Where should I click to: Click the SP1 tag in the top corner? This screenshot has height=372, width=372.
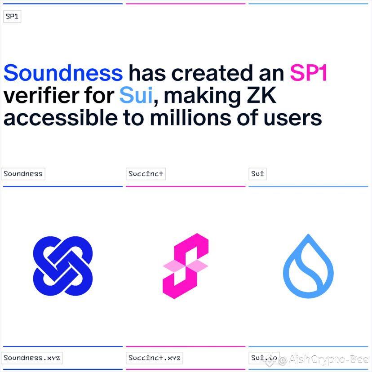click(12, 16)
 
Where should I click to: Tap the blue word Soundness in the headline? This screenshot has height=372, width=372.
click(63, 73)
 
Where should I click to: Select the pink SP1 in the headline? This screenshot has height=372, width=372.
click(309, 73)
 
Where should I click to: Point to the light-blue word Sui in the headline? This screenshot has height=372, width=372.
click(136, 95)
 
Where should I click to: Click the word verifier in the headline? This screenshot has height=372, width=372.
click(41, 95)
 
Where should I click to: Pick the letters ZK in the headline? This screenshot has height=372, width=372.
click(261, 95)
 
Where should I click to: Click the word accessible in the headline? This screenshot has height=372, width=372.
click(61, 118)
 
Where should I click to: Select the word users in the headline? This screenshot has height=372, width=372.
click(293, 119)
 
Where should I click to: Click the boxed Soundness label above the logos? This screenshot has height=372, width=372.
click(23, 174)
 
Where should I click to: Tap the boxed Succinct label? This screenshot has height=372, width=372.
click(146, 174)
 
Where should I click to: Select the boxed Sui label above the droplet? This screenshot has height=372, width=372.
click(257, 174)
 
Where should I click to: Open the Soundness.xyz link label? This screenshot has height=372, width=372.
click(32, 358)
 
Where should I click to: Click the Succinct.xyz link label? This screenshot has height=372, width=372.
click(154, 358)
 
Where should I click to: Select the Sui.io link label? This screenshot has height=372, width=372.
click(264, 358)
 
